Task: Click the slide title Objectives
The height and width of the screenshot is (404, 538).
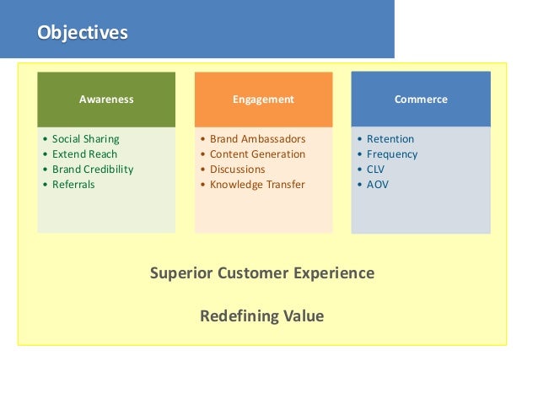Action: click(x=82, y=33)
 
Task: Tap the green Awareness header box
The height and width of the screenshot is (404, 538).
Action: click(x=106, y=99)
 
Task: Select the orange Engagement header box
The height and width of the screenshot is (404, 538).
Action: click(x=263, y=99)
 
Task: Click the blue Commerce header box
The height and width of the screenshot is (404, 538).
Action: click(x=421, y=99)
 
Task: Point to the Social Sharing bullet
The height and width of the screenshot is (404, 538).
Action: click(x=85, y=138)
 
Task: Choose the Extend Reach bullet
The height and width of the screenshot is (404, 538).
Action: click(x=84, y=154)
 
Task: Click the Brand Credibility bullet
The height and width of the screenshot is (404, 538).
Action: click(x=93, y=169)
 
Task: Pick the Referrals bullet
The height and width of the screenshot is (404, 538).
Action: click(x=73, y=184)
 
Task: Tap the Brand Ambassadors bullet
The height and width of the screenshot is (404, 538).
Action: click(x=257, y=138)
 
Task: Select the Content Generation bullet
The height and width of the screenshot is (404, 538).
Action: click(x=257, y=154)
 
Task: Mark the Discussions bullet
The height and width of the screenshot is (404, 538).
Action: click(x=238, y=169)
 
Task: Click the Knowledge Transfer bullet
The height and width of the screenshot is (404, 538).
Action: click(x=257, y=184)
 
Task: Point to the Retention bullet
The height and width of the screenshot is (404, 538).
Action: click(x=390, y=138)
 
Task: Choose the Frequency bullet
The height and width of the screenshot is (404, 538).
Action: click(x=392, y=154)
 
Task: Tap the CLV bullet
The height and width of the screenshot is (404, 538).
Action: click(x=377, y=169)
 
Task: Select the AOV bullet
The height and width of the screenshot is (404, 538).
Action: click(x=378, y=184)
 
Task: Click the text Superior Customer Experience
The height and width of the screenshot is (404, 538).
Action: click(x=262, y=273)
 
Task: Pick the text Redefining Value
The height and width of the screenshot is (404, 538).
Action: click(x=261, y=316)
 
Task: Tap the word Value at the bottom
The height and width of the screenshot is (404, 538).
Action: click(x=304, y=316)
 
